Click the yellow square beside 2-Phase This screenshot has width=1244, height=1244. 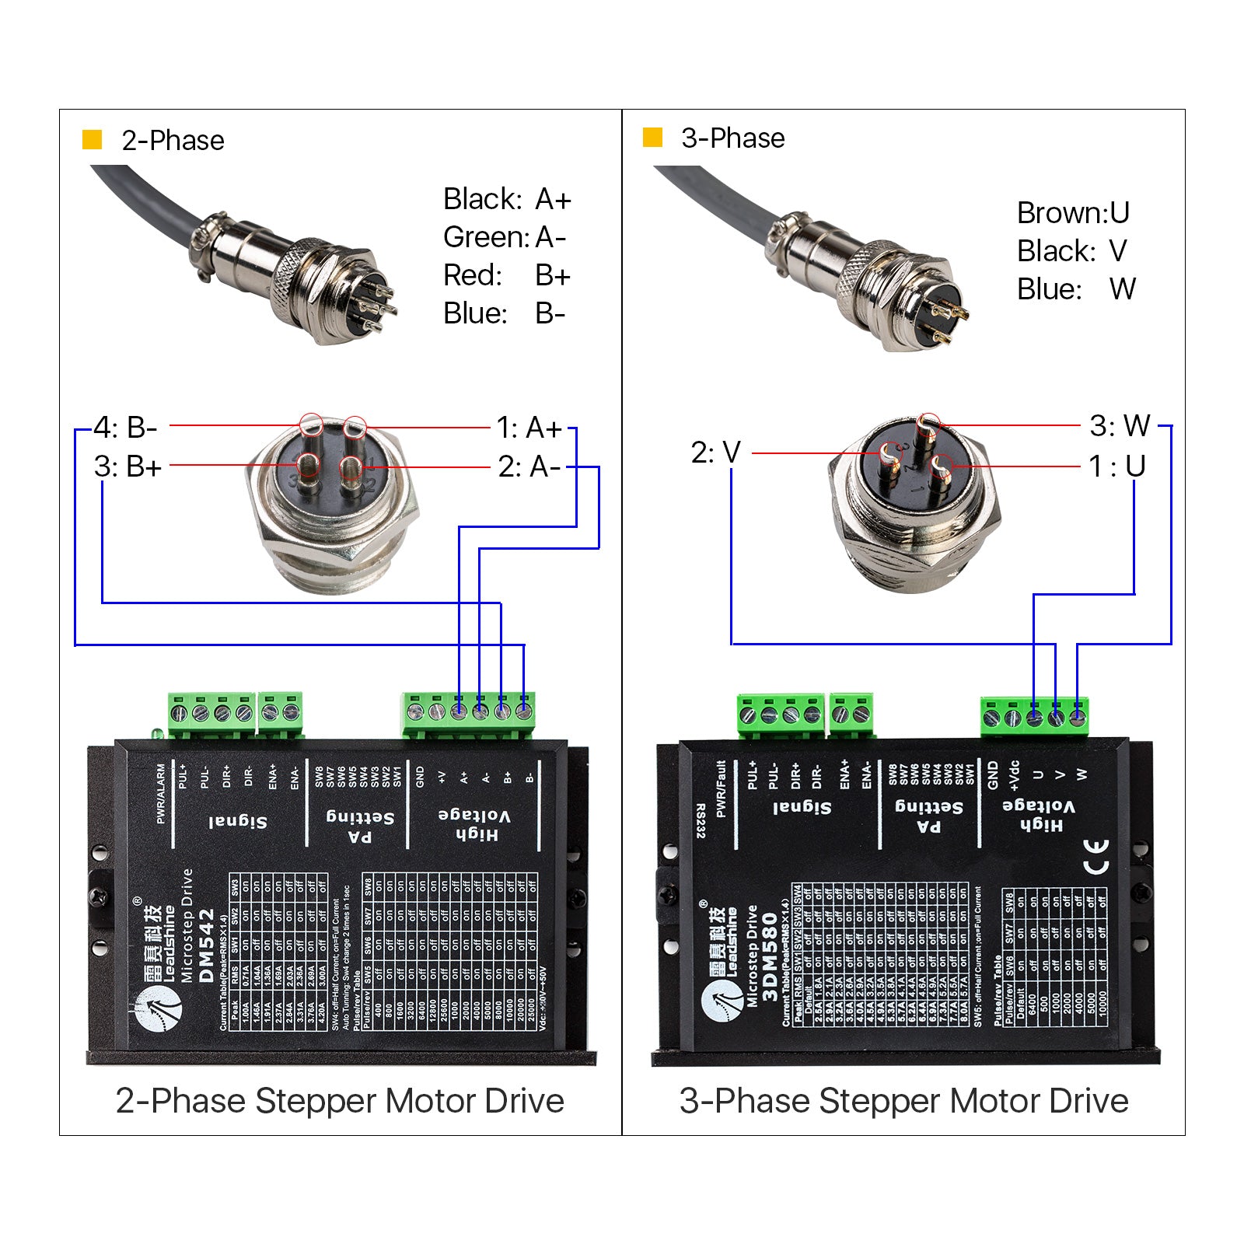pos(93,140)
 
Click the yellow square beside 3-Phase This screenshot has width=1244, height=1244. pos(652,138)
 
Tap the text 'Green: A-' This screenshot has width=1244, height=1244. pos(505,237)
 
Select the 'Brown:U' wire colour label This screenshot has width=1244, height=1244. pos(1073,212)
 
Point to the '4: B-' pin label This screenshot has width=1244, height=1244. pos(125,428)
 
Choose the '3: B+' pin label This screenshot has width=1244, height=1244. pos(128,466)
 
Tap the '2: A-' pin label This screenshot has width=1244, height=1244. pos(529,466)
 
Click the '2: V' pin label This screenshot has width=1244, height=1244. pos(715,452)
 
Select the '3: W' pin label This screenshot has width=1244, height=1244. pos(1120,425)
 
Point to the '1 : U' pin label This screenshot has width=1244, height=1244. pos(1117,466)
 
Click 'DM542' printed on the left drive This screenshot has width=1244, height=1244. pos(206,946)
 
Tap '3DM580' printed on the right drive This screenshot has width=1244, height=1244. pos(770,956)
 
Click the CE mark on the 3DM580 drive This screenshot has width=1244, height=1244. pos(1095,855)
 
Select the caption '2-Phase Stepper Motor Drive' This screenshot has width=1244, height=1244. pos(340,1101)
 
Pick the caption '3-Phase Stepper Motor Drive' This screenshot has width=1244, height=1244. pos(903,1101)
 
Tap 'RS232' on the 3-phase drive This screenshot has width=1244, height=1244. pos(701,821)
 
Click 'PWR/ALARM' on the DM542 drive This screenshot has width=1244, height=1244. pos(161,793)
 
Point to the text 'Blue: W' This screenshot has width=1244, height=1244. pos(1076,289)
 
